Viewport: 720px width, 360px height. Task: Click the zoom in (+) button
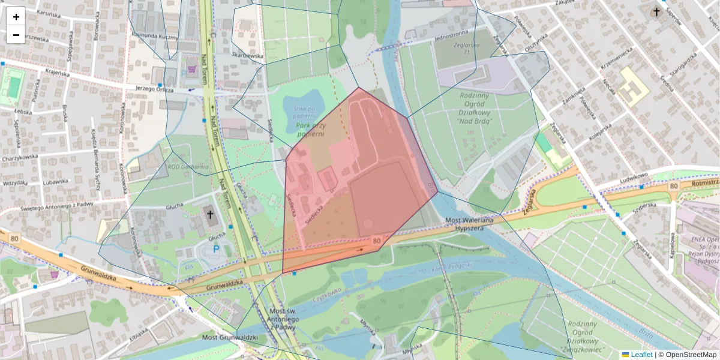click(x=16, y=17)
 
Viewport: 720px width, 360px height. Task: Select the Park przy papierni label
click(x=310, y=129)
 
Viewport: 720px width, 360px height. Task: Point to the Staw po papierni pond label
click(x=304, y=112)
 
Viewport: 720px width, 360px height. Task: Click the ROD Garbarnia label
click(x=188, y=167)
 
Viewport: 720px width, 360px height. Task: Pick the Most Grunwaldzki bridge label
click(x=229, y=338)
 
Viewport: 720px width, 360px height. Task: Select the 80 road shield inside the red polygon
click(x=377, y=241)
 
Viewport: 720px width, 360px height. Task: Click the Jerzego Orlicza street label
click(x=154, y=89)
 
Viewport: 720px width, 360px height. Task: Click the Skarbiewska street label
click(x=248, y=55)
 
